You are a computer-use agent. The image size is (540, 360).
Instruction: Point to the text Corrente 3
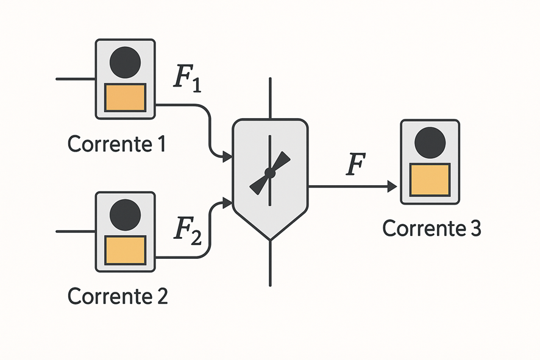pyautogui.click(x=432, y=228)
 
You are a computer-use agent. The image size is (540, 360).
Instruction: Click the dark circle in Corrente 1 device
pyautogui.click(x=126, y=62)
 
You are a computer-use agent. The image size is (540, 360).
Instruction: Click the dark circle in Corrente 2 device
pyautogui.click(x=126, y=214)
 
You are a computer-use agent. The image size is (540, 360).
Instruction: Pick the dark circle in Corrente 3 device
pyautogui.click(x=430, y=143)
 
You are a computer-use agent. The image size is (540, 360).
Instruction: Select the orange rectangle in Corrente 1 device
pyautogui.click(x=125, y=97)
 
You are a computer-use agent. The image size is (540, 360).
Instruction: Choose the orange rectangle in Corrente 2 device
pyautogui.click(x=125, y=250)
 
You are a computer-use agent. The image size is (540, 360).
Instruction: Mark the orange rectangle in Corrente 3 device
pyautogui.click(x=430, y=180)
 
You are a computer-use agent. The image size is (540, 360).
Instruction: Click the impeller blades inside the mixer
pyautogui.click(x=270, y=173)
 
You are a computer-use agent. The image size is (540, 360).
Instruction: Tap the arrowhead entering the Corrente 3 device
pyautogui.click(x=392, y=186)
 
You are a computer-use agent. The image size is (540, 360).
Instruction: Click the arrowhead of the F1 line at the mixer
pyautogui.click(x=227, y=157)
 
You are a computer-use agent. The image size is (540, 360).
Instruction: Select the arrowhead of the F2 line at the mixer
pyautogui.click(x=227, y=202)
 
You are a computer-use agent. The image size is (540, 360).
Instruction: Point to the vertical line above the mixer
pyautogui.click(x=270, y=97)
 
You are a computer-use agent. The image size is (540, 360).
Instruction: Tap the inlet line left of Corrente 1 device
pyautogui.click(x=75, y=79)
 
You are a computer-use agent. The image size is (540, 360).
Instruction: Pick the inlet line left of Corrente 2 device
pyautogui.click(x=75, y=231)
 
